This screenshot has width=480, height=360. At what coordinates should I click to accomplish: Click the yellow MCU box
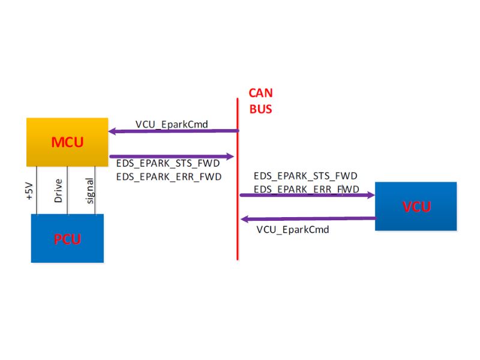point(67,142)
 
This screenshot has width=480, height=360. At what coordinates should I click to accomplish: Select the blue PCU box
point(67,238)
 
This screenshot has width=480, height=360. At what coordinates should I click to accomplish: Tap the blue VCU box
point(416,206)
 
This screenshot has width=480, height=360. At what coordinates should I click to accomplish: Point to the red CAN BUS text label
point(260,101)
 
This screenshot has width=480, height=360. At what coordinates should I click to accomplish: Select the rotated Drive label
point(58,191)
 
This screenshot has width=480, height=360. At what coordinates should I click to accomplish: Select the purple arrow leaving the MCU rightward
point(172,156)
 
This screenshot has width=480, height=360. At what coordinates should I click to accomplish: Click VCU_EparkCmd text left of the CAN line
point(172,124)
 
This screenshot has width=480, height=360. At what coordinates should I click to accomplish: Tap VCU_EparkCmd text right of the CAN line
point(293,229)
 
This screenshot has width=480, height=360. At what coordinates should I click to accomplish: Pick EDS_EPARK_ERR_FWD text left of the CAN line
point(169,176)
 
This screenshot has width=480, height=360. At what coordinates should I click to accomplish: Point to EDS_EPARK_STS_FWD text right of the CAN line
point(305,176)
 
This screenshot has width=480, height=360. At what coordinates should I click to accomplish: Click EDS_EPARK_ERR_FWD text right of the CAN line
point(306,189)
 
